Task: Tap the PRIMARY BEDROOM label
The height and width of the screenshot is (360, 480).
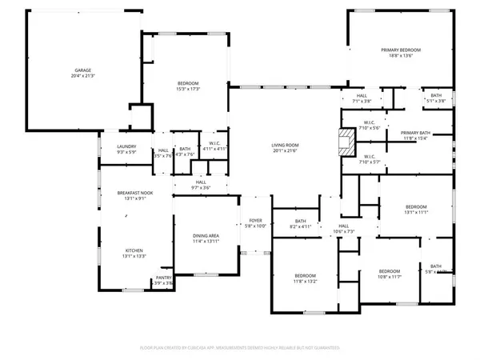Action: tap(400, 50)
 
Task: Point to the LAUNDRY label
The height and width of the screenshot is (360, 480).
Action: tap(126, 146)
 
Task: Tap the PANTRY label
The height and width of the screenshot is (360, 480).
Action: tap(163, 278)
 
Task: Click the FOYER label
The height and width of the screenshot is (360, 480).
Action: tap(255, 220)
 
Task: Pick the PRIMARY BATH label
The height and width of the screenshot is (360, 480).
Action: tap(415, 133)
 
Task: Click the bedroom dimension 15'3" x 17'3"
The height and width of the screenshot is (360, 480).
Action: tap(188, 89)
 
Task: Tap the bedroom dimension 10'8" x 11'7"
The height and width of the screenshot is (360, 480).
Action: tap(389, 276)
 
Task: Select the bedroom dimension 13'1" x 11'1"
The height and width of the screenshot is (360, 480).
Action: tap(416, 212)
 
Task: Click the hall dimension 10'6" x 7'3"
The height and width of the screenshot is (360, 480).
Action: tap(343, 231)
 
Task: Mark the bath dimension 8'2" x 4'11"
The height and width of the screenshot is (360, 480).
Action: tap(300, 226)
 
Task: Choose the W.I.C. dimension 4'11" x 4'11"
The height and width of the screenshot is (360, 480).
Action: tap(214, 149)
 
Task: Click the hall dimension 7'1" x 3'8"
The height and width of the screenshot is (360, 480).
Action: tap(362, 101)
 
